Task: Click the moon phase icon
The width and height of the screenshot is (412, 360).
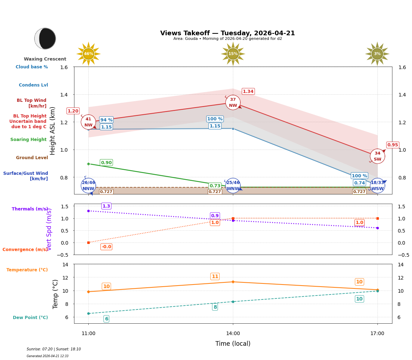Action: click(x=45, y=38)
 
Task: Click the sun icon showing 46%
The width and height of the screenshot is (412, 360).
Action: click(x=88, y=54)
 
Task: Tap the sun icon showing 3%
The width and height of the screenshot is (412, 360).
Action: click(x=377, y=54)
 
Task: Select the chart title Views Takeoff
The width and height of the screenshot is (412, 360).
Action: click(x=227, y=33)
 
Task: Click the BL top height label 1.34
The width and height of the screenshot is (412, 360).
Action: click(x=248, y=92)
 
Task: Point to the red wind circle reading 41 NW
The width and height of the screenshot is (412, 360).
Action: click(x=88, y=122)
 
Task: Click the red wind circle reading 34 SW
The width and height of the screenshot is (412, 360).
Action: click(x=377, y=156)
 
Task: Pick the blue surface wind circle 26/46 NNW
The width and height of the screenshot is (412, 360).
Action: click(x=88, y=186)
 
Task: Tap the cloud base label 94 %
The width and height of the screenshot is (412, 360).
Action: click(x=106, y=120)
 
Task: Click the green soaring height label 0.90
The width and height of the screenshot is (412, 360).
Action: click(x=106, y=163)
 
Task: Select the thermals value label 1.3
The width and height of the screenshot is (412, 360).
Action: click(x=106, y=206)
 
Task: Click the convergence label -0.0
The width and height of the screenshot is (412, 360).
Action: click(x=106, y=247)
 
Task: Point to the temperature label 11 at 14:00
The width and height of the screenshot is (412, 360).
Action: click(x=215, y=277)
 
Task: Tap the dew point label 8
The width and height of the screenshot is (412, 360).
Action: click(x=215, y=307)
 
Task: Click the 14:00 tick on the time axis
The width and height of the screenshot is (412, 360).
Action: click(x=233, y=334)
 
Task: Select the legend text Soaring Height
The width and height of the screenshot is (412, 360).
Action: click(x=28, y=140)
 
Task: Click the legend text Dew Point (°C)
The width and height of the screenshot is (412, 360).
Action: click(x=30, y=318)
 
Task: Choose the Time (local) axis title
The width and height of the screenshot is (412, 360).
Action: click(x=233, y=344)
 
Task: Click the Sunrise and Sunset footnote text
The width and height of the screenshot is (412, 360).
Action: click(x=54, y=349)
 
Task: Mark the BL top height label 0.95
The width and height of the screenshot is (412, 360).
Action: click(x=393, y=145)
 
